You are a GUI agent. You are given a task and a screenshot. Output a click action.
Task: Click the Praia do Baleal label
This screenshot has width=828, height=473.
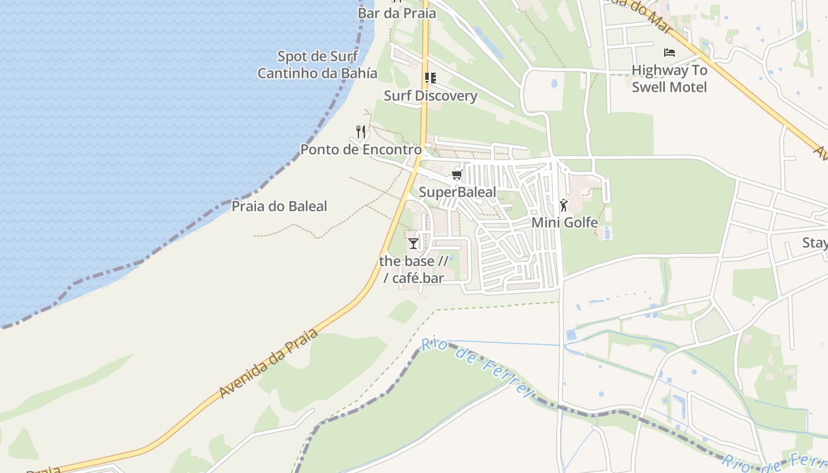pyautogui.click(x=279, y=206)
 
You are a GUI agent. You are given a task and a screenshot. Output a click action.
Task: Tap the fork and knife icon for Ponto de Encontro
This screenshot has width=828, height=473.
pyautogui.click(x=361, y=131)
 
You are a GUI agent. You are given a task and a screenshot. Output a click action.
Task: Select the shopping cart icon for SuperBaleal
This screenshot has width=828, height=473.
pyautogui.click(x=457, y=174)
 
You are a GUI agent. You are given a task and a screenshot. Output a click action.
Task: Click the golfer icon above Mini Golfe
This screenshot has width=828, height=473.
pyautogui.click(x=564, y=206)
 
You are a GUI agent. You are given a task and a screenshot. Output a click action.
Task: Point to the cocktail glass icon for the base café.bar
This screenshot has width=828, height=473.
pyautogui.click(x=413, y=243)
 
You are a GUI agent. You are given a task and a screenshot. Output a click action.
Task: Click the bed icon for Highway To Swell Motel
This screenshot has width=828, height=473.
pyautogui.click(x=669, y=53)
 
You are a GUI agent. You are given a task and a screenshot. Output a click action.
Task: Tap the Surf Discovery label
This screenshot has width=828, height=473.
pyautogui.click(x=431, y=96)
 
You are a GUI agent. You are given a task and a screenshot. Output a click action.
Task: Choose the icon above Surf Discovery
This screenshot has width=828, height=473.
pyautogui.click(x=431, y=78)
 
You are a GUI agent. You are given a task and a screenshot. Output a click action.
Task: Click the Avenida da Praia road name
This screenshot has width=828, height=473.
pyautogui.click(x=269, y=362)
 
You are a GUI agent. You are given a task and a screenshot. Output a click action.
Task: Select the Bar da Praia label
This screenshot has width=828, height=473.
pyautogui.click(x=397, y=13)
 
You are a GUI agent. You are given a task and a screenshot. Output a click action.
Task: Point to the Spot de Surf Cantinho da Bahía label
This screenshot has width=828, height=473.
pyautogui.click(x=318, y=65)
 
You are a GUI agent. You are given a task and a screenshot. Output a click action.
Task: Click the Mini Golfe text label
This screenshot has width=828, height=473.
pyautogui.click(x=565, y=223)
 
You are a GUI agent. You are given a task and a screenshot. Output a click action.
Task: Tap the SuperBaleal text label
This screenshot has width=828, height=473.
pyautogui.click(x=458, y=192)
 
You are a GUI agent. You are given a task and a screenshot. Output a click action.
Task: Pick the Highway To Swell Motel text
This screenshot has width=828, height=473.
pyautogui.click(x=669, y=79)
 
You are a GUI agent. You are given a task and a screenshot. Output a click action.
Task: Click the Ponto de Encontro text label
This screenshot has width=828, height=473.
pyautogui.click(x=361, y=150)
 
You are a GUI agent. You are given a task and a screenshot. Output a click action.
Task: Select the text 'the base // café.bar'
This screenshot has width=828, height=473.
pyautogui.click(x=413, y=269)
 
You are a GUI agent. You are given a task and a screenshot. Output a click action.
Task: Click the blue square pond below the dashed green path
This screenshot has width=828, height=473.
pyautogui.click(x=571, y=335)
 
